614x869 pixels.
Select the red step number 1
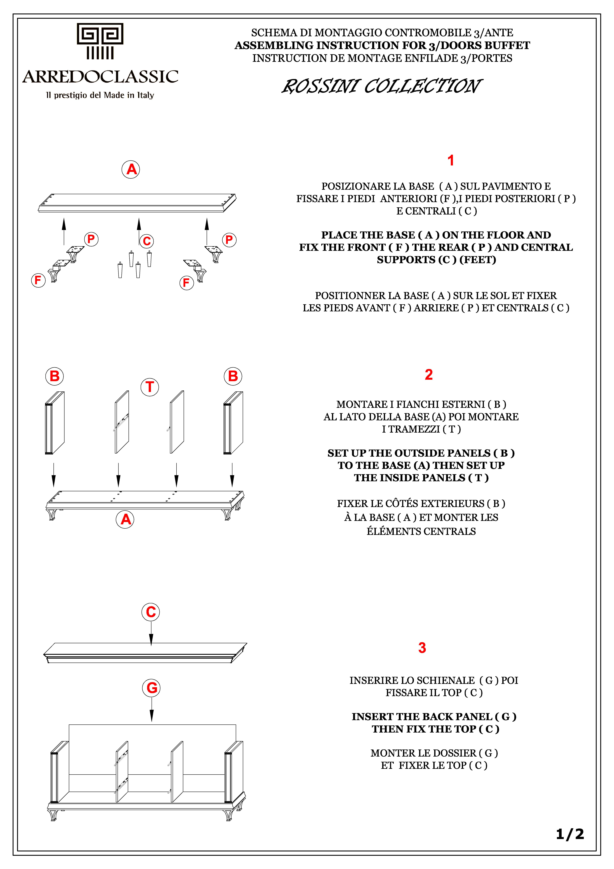[x=451, y=160]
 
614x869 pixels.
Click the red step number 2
[x=429, y=375]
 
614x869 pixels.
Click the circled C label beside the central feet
[x=147, y=241]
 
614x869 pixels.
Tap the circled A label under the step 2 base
[x=125, y=519]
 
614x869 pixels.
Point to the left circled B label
[x=54, y=376]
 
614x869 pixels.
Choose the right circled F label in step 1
[x=186, y=283]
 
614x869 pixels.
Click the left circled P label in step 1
[x=91, y=239]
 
